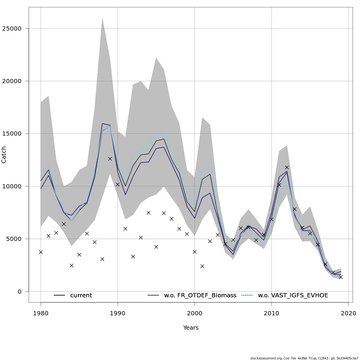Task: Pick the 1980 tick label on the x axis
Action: tap(41, 313)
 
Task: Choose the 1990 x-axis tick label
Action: tap(118, 313)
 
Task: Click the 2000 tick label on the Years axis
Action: tap(195, 313)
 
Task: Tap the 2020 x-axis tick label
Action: tap(348, 313)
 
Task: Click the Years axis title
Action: tap(191, 328)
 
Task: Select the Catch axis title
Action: tap(4, 154)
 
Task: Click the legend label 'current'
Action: tap(81, 295)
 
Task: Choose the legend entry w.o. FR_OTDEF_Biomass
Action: tap(200, 295)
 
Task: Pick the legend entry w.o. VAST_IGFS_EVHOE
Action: tap(293, 295)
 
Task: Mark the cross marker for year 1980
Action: tap(41, 252)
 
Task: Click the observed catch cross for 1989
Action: tap(110, 159)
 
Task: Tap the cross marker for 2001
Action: tap(202, 266)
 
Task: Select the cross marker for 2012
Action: tap(287, 167)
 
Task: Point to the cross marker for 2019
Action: tap(340, 277)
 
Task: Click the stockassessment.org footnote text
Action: tap(304, 358)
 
